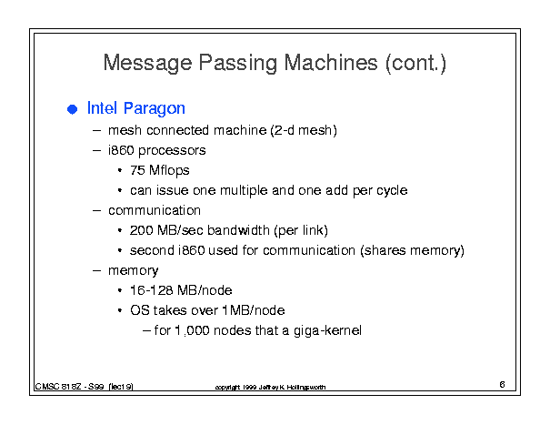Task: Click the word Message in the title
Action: tap(147, 64)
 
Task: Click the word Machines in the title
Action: tap(331, 63)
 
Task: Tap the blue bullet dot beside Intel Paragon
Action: tap(72, 109)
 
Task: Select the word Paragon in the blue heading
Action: tap(155, 109)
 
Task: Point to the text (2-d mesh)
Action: tap(304, 130)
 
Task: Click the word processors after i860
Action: tap(172, 151)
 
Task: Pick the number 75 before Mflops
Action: tap(137, 170)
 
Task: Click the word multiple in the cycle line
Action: tap(244, 191)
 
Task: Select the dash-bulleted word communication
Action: tap(155, 210)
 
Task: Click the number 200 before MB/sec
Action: tap(141, 230)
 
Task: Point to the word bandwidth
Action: tap(238, 230)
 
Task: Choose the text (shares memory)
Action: tap(412, 251)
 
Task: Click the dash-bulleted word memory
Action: tap(134, 271)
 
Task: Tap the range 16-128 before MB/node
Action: tap(151, 290)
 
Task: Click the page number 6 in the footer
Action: tap(502, 384)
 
